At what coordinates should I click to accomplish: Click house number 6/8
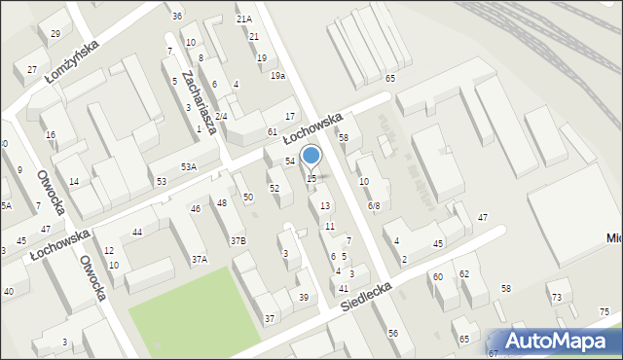(374, 206)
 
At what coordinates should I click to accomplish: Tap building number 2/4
(221, 117)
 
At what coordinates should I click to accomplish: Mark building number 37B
(238, 240)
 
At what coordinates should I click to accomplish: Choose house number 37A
(199, 260)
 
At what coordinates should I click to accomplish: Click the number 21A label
(243, 18)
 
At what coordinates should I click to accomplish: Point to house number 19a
(277, 76)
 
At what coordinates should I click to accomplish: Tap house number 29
(55, 34)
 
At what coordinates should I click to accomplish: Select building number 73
(557, 297)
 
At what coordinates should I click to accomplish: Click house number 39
(304, 298)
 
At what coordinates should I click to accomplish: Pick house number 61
(273, 131)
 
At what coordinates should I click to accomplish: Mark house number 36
(176, 17)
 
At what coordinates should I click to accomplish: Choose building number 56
(393, 334)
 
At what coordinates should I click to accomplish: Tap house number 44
(137, 232)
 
